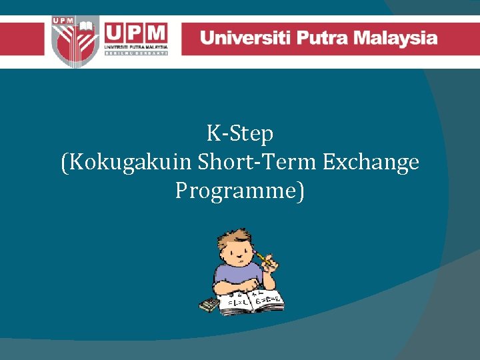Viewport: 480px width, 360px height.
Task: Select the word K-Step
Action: tap(240, 134)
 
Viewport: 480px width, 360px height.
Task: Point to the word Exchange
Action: tap(371, 163)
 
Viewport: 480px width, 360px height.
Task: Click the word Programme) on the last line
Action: tap(240, 191)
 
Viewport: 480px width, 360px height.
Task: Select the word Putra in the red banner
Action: tap(322, 37)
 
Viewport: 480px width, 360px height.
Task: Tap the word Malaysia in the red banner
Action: tap(397, 37)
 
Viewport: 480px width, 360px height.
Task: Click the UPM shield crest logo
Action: tap(75, 40)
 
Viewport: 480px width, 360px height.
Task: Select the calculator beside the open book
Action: tap(209, 305)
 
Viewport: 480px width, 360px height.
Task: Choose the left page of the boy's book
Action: tap(236, 301)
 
